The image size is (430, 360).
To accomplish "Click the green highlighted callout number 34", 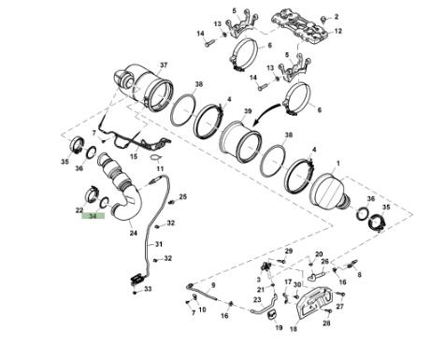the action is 93,216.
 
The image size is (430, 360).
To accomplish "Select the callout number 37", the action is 164,65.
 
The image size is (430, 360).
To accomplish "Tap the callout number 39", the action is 248,111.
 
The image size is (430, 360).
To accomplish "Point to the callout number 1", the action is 338,164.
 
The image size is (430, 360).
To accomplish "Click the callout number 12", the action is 338,31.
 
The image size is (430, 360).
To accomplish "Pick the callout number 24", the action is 134,233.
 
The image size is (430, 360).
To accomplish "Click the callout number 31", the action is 159,244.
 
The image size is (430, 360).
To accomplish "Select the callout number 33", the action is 148,289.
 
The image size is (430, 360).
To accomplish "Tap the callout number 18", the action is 294,328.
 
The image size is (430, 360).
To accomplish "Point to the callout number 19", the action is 279,327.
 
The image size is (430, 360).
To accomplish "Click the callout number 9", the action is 213,285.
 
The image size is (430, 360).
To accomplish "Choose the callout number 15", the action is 134,156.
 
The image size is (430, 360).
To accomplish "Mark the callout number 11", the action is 160,169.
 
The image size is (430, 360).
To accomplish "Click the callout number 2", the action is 337,17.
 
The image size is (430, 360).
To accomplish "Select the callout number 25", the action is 183,196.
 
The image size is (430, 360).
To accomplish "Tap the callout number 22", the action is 79,210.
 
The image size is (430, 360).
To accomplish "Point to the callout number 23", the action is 257,300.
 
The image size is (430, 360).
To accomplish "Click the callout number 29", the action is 289,251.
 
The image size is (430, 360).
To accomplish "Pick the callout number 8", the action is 359,275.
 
